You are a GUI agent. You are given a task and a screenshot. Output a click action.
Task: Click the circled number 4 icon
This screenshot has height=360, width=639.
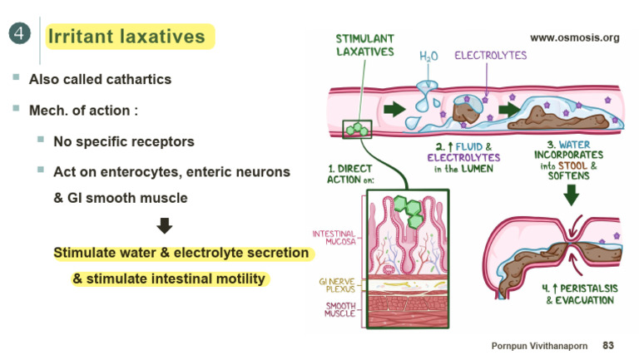(x=20, y=34)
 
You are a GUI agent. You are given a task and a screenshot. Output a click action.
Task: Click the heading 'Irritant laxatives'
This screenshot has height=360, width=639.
(x=126, y=37)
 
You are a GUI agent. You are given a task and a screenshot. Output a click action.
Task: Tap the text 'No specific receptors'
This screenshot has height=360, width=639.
(x=124, y=141)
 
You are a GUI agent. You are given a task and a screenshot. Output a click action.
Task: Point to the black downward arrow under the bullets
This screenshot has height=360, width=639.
(x=165, y=225)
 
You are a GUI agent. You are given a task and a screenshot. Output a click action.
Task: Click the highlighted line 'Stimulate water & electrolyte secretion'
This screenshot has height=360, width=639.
(x=181, y=253)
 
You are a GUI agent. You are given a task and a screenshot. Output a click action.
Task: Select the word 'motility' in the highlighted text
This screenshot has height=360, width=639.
(x=240, y=279)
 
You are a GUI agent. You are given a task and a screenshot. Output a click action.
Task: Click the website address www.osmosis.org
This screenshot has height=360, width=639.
(x=574, y=37)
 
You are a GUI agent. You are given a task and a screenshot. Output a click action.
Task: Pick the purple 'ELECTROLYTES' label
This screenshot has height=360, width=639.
(x=490, y=56)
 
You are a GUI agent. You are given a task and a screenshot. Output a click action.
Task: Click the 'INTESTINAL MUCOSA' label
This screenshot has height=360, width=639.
(x=334, y=239)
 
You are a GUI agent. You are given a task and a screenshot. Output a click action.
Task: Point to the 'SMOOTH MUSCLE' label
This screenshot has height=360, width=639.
(x=339, y=309)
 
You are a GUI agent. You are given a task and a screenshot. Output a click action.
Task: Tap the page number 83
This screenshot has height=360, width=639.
(x=608, y=345)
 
